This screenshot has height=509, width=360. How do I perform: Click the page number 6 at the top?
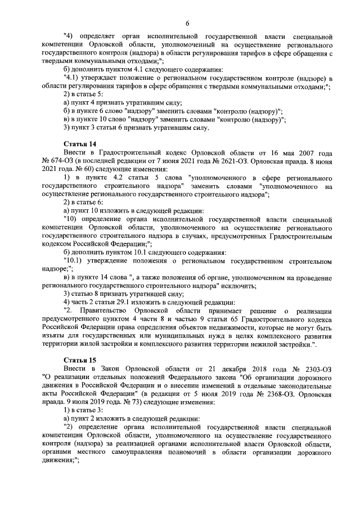pos(187,22)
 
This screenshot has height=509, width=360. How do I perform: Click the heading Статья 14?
pos(81,145)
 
